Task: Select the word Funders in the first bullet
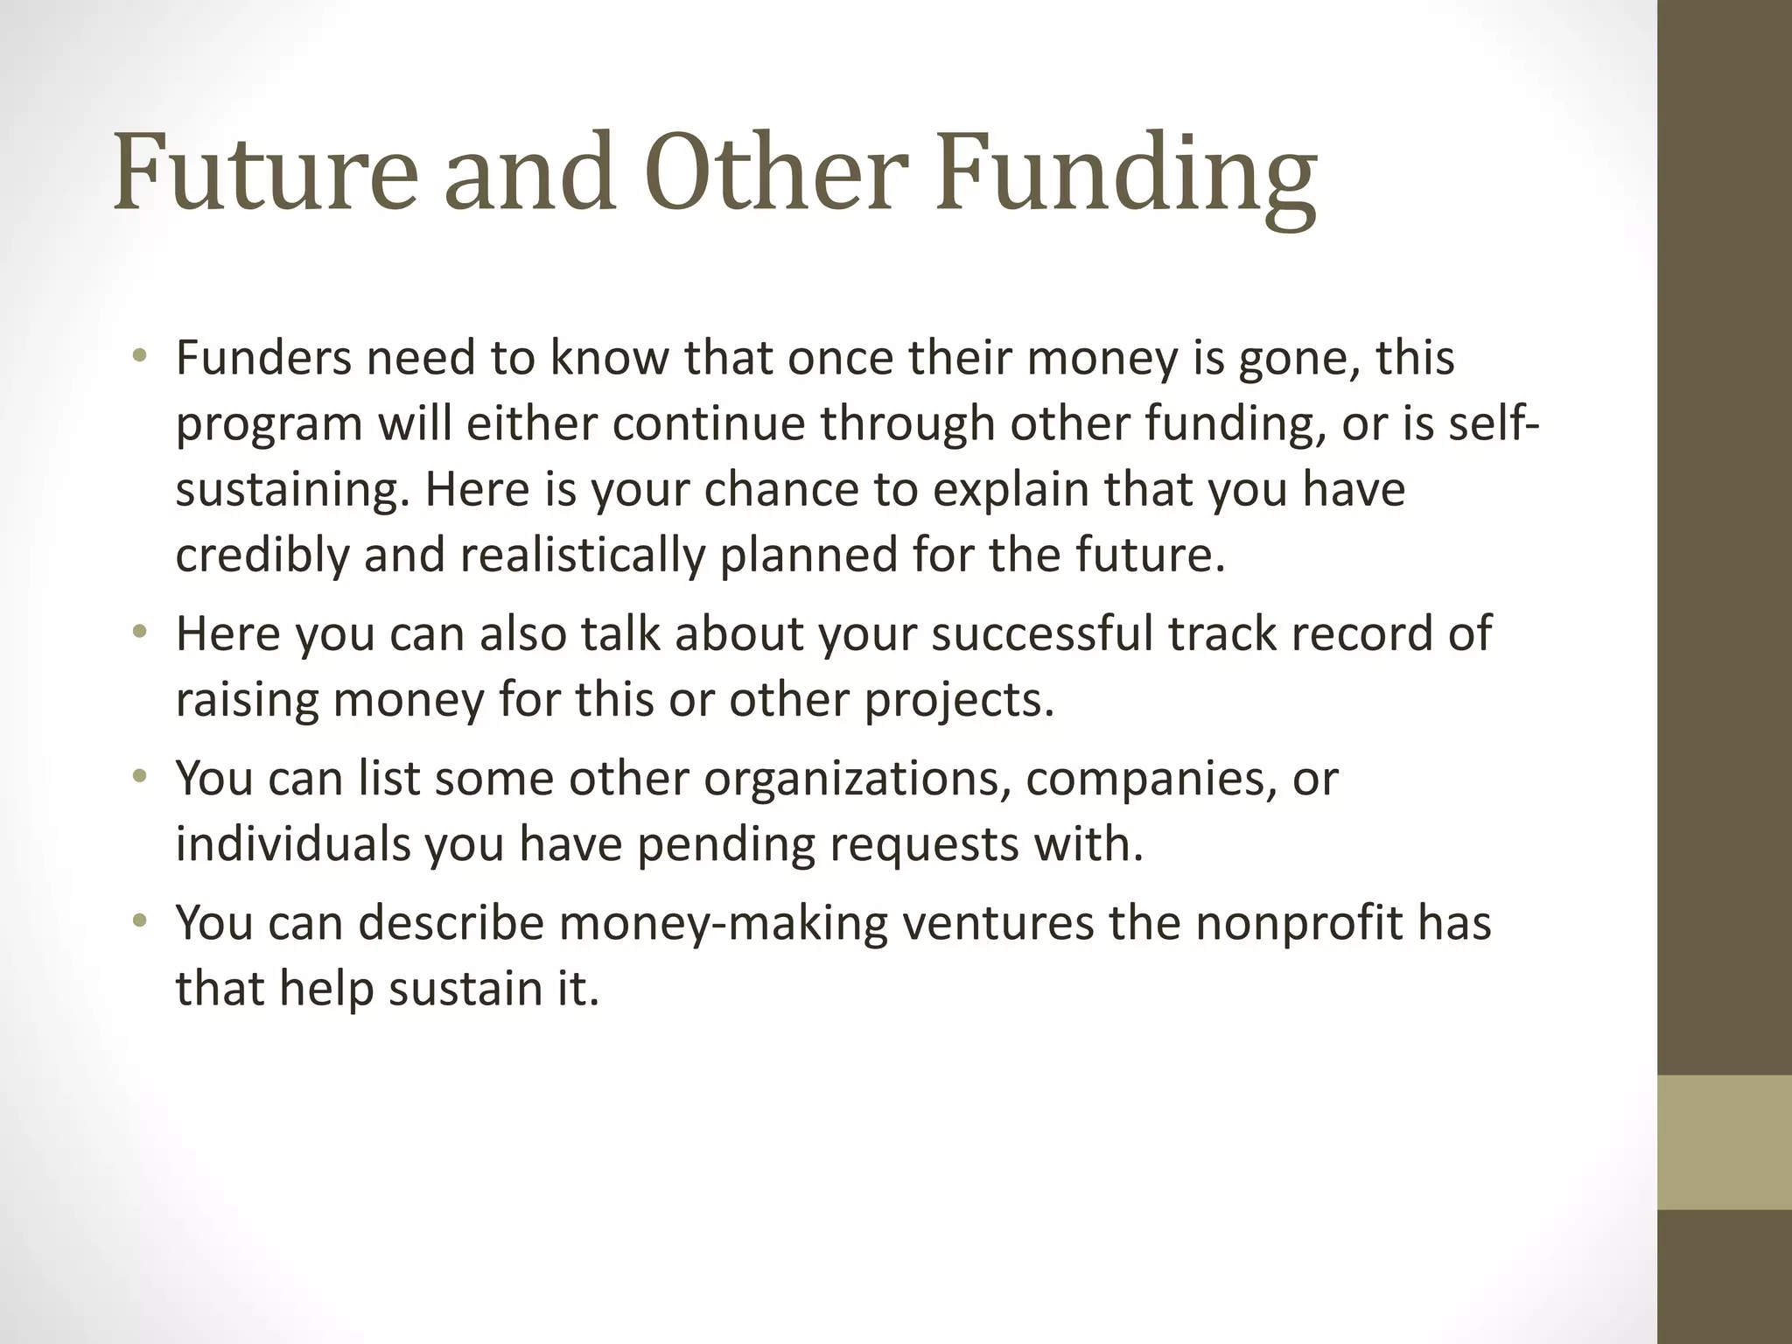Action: coord(263,358)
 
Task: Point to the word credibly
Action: coord(262,556)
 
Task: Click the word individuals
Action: coord(292,843)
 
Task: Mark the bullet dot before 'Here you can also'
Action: coord(140,632)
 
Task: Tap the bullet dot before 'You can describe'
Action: coord(140,921)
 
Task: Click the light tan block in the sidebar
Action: coord(1725,1142)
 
